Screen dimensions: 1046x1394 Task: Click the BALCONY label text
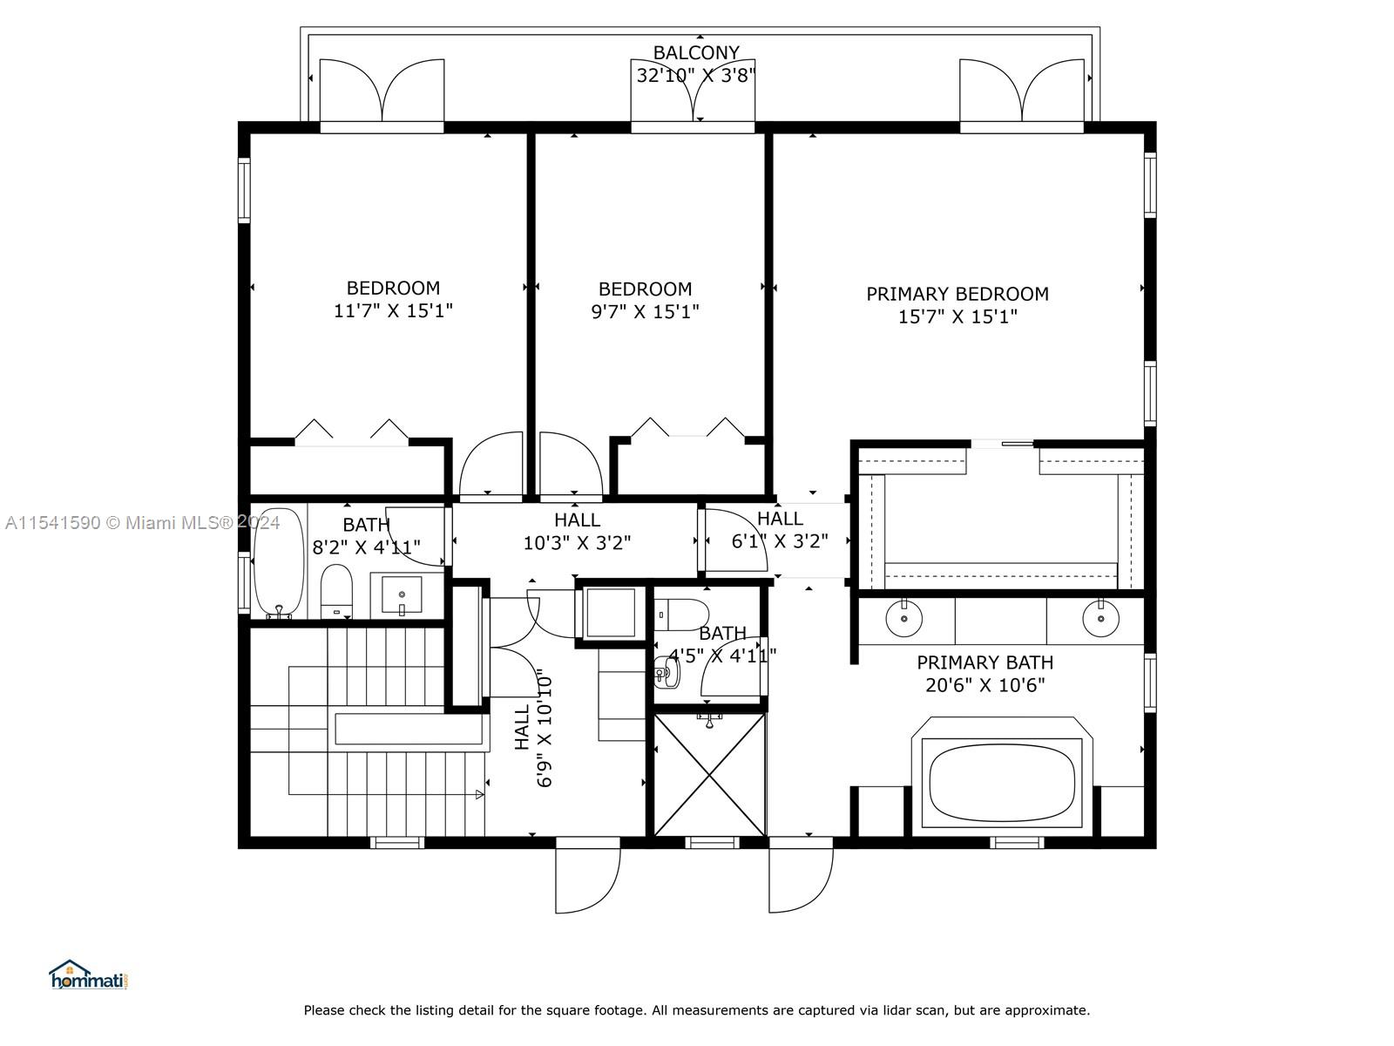(x=695, y=53)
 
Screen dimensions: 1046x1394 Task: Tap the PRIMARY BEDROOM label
(x=957, y=295)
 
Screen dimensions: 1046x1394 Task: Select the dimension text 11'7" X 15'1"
(x=393, y=311)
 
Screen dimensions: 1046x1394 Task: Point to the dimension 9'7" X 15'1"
(x=645, y=312)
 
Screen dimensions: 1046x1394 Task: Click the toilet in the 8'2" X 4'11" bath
(x=335, y=592)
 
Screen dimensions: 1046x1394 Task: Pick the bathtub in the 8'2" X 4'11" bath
(x=278, y=562)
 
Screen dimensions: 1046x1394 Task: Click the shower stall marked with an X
(x=709, y=774)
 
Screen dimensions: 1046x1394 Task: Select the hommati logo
(x=88, y=975)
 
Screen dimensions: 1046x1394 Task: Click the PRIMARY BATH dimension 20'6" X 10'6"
(x=985, y=686)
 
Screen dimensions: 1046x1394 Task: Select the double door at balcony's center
(x=693, y=92)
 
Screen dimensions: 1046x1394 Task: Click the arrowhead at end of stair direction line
(x=480, y=794)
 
